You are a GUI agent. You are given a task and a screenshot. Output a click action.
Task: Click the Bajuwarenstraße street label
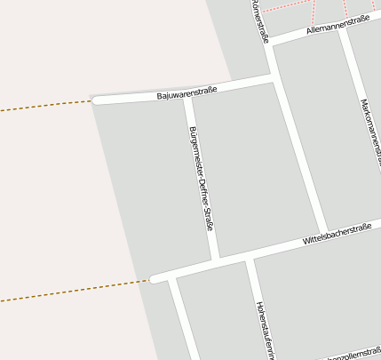[186, 92]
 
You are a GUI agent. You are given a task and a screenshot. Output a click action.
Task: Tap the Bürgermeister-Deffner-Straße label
[202, 179]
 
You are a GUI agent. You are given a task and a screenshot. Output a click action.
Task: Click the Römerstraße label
[260, 20]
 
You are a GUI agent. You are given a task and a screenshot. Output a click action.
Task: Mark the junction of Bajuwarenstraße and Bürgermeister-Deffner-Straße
[187, 97]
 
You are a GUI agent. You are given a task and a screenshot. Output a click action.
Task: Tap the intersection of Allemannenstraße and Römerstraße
[270, 42]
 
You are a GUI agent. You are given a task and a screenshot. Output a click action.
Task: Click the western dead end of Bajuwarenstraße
[96, 100]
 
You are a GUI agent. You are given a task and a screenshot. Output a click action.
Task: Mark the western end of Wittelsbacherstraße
[154, 279]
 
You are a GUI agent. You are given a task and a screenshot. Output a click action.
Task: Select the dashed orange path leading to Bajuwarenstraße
[44, 106]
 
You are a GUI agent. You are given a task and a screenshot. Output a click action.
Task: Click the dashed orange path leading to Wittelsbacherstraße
[71, 291]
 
